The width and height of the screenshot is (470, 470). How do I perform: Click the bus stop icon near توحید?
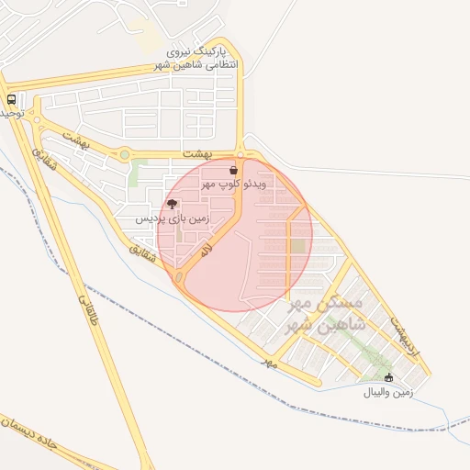pos(11,99)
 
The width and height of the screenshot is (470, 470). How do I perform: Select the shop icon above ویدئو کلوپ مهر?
pos(235,171)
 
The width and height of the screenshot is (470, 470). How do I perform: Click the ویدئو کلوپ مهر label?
pos(235,185)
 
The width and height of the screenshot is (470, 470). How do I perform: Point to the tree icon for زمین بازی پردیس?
pos(173,205)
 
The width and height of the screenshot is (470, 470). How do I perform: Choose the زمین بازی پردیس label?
pos(173,219)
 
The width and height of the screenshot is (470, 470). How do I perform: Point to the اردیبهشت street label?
pos(403,336)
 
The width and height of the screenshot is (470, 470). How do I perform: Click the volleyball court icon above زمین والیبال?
pos(388,378)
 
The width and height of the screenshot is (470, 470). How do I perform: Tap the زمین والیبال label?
pos(389,393)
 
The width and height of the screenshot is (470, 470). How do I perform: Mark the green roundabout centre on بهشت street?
pos(124,155)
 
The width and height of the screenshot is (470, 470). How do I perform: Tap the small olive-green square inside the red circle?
pos(297,246)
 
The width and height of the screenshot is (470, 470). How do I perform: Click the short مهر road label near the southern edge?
pos(269,363)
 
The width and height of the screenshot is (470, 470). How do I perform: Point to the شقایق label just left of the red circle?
pos(137,248)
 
